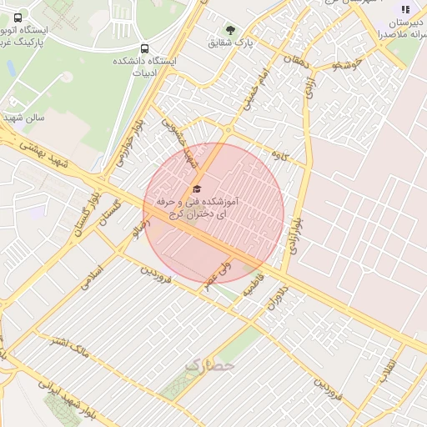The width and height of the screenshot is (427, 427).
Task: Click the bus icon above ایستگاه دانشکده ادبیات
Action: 146,48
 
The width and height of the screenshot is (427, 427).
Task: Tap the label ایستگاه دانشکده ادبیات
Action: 146,68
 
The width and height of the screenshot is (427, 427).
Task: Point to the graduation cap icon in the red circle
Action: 197,188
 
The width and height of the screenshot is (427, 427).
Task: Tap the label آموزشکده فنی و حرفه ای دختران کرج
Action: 198,208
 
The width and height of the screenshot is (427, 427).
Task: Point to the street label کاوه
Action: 279,156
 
